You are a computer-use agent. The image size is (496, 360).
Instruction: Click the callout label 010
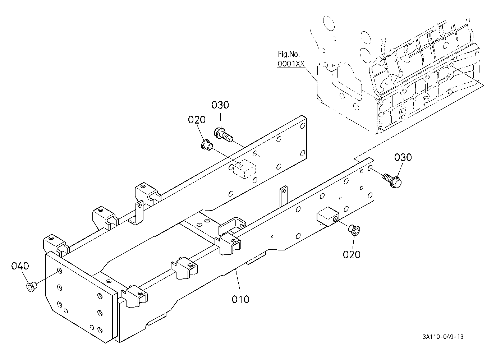coord(240,299)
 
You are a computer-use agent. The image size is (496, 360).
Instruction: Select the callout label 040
coord(20,266)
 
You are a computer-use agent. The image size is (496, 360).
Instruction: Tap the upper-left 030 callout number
coord(220,105)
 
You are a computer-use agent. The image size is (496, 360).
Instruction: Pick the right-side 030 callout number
coord(403,157)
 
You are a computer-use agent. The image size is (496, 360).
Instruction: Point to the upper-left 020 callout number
coord(197,120)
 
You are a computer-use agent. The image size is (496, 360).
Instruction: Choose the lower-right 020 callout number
coord(352,255)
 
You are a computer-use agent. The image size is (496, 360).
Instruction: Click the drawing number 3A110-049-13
coord(443,337)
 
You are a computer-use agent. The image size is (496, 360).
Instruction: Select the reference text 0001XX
coord(291,64)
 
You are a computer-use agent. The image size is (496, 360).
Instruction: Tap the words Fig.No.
coord(289,54)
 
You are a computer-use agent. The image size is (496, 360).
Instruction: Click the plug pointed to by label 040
coord(32,287)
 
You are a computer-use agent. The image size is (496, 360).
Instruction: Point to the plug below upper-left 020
coord(207,144)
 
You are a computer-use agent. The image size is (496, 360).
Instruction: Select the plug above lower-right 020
coord(354,230)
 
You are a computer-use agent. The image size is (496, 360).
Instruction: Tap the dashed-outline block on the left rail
coord(244,169)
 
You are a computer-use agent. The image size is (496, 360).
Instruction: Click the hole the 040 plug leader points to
coord(60,271)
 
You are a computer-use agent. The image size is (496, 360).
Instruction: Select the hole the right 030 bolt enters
coord(370,169)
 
